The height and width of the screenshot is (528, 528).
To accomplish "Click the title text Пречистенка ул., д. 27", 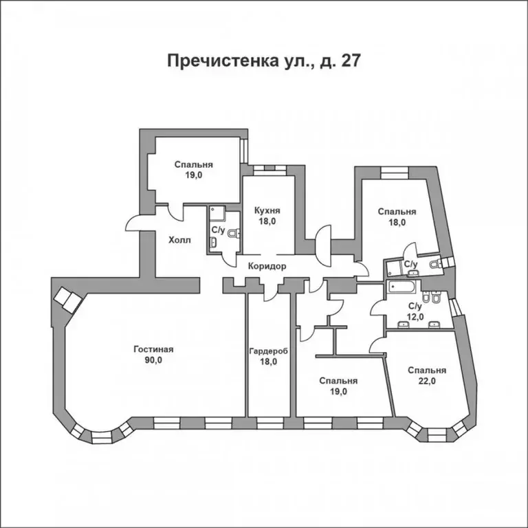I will pyautogui.click(x=264, y=60).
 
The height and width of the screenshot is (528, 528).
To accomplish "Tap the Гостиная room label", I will pyautogui.click(x=153, y=349).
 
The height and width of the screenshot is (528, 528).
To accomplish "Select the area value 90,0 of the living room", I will pyautogui.click(x=153, y=360).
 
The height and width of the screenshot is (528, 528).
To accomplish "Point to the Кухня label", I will pyautogui.click(x=267, y=210).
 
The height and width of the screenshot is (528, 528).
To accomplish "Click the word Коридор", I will pyautogui.click(x=265, y=266).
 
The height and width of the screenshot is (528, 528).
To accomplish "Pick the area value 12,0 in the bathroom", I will pyautogui.click(x=415, y=317).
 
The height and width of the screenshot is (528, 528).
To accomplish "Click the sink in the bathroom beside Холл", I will pyautogui.click(x=214, y=241).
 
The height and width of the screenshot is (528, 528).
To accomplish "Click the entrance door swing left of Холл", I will pyautogui.click(x=135, y=223).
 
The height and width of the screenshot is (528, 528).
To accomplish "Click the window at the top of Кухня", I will pyautogui.click(x=263, y=168).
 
